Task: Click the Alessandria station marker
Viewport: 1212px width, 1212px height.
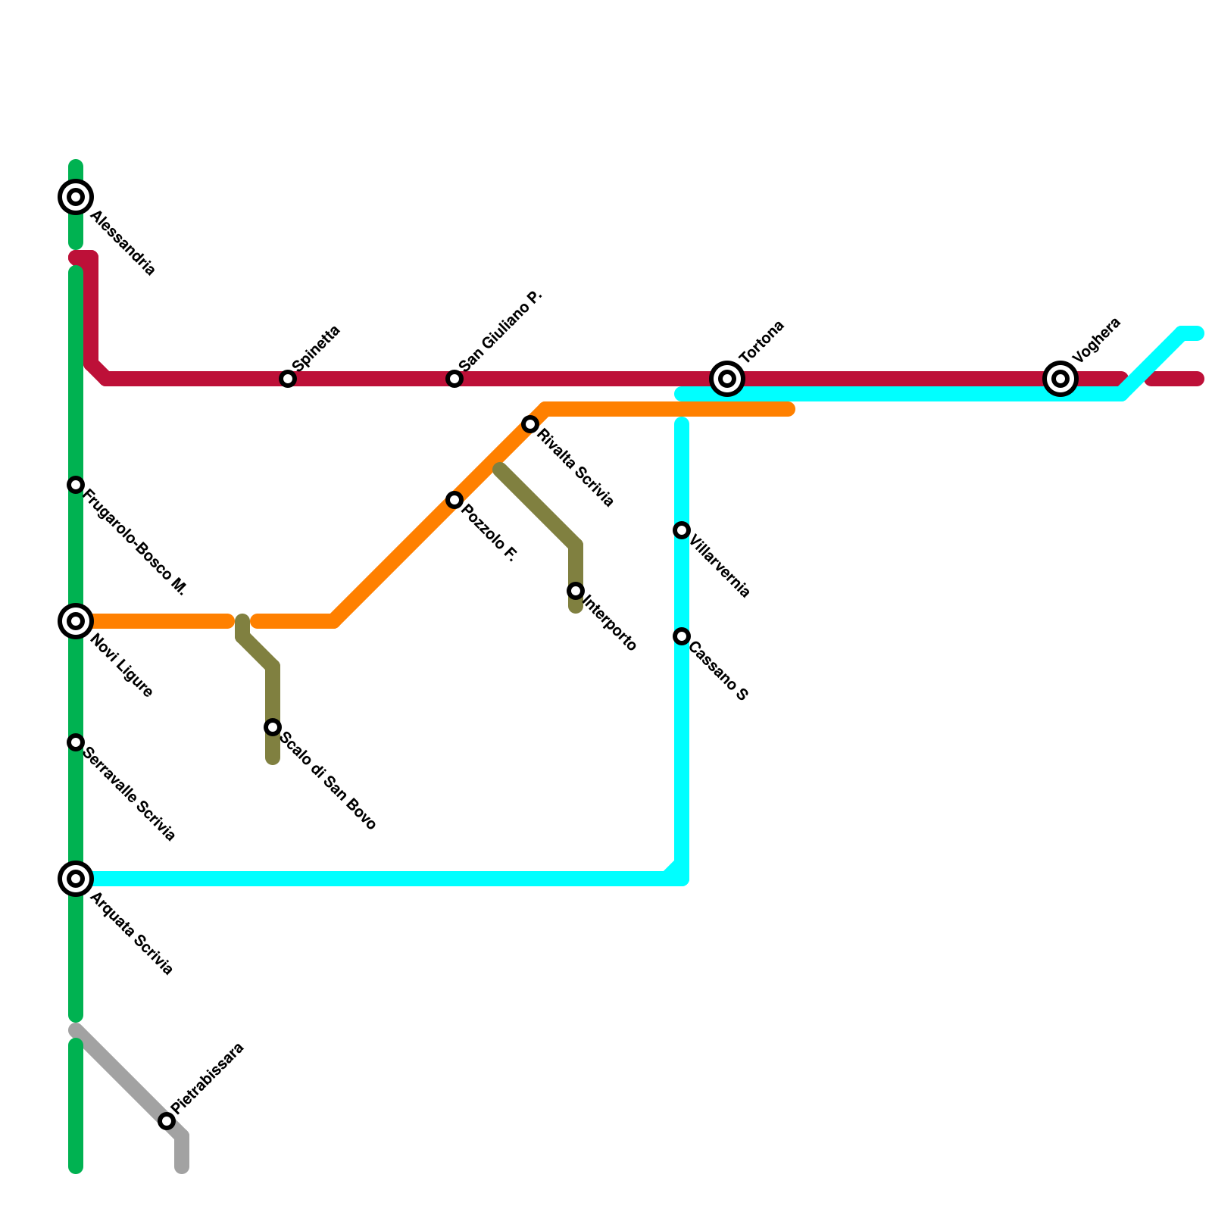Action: tap(76, 197)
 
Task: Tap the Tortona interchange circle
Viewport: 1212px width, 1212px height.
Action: tap(727, 378)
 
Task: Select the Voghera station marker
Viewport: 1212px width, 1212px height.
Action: tap(1060, 378)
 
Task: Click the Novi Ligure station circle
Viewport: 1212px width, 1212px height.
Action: tap(76, 621)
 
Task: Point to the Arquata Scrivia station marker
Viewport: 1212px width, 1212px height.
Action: tap(76, 879)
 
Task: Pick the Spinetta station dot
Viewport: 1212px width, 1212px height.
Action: tap(288, 378)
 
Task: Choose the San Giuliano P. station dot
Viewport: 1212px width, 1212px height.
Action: tap(454, 378)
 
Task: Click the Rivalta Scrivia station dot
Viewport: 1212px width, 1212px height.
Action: tap(530, 424)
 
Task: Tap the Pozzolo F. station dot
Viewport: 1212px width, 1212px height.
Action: tap(454, 500)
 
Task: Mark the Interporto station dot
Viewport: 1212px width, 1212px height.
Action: tap(576, 591)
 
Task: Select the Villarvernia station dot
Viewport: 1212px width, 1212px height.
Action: tap(682, 530)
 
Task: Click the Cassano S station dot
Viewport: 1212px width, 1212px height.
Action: tap(682, 636)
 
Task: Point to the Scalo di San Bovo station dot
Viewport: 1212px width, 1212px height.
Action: tap(273, 727)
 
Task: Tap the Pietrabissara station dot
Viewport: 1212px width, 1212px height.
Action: tap(167, 1121)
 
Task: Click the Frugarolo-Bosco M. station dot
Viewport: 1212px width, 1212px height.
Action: tap(76, 485)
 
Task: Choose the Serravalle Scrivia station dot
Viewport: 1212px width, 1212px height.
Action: tap(76, 742)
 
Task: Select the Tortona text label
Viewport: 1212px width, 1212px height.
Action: tap(761, 342)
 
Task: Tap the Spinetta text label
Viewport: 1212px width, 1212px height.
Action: tap(317, 348)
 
